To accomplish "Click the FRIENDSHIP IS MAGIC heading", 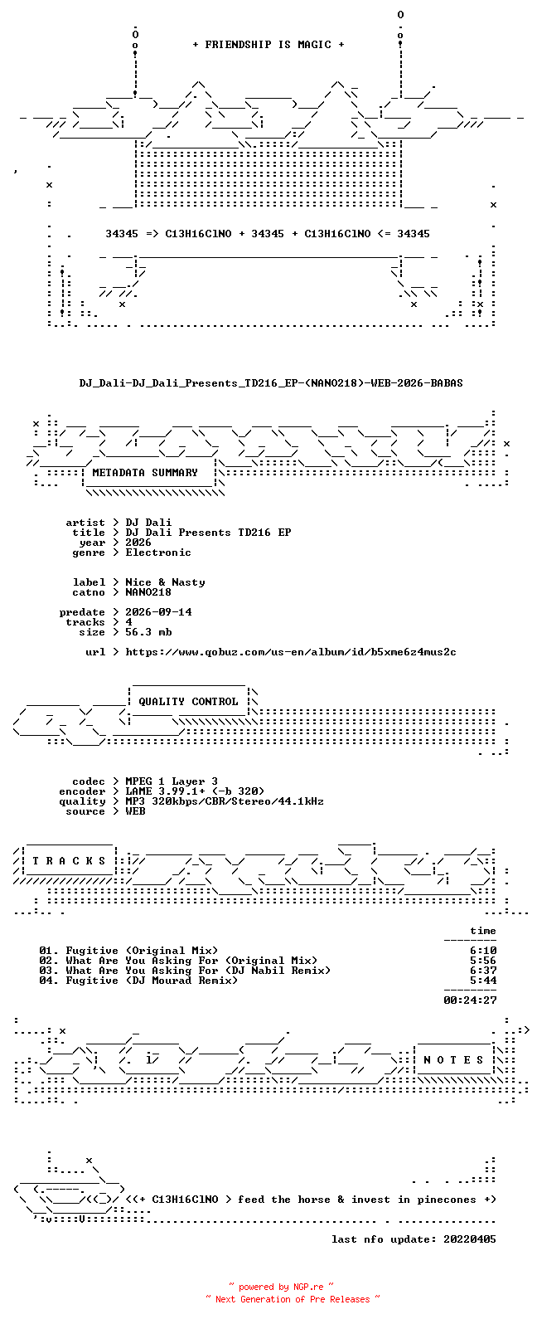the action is (268, 44).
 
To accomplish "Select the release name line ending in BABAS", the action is (270, 383).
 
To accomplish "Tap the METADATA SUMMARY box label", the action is (145, 472).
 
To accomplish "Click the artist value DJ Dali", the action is (148, 523).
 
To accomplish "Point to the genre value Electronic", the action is (158, 552).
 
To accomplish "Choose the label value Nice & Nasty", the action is (165, 582).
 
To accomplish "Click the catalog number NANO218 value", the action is (148, 592).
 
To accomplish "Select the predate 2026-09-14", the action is (158, 611).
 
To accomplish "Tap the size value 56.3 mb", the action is (148, 632).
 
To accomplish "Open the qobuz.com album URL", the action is (291, 652).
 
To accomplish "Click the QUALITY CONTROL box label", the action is (188, 702).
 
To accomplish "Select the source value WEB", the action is (135, 811).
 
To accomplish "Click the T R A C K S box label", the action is (69, 860).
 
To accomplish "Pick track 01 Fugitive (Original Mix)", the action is (128, 951).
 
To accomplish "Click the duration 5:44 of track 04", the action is (483, 981).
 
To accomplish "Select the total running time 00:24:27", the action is (470, 1000).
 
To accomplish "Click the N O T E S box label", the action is (453, 1060).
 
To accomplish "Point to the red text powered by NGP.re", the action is (281, 1287).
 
